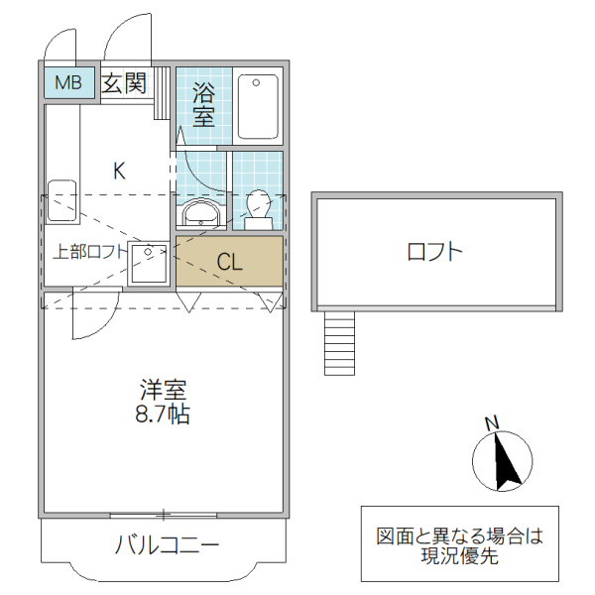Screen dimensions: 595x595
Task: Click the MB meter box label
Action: pyautogui.click(x=68, y=83)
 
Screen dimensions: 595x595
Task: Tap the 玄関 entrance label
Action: pyautogui.click(x=125, y=83)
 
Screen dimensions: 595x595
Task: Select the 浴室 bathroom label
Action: pyautogui.click(x=204, y=105)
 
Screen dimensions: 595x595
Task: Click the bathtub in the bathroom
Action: pyautogui.click(x=260, y=107)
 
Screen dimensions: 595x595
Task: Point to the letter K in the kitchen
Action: pyautogui.click(x=119, y=171)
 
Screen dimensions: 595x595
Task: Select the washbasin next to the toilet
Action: pyautogui.click(x=202, y=213)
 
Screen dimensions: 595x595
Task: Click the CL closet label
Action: pyautogui.click(x=230, y=263)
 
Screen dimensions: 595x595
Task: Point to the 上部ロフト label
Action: pyautogui.click(x=89, y=252)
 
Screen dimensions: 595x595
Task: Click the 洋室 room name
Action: pyautogui.click(x=164, y=391)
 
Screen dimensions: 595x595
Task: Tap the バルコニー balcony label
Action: pyautogui.click(x=166, y=545)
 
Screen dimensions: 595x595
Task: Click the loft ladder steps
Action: pyautogui.click(x=339, y=342)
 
